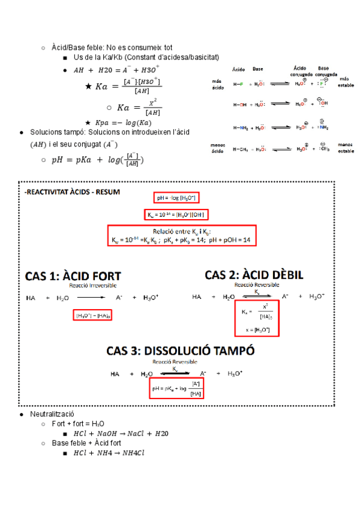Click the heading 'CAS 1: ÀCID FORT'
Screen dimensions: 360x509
point(73,277)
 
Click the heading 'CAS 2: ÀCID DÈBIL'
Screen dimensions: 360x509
point(254,274)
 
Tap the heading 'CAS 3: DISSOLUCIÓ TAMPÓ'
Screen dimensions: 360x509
point(181,351)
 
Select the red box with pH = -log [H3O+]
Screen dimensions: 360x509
point(178,197)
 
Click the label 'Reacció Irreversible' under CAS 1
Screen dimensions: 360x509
point(93,286)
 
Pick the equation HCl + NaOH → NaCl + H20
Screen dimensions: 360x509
point(121,433)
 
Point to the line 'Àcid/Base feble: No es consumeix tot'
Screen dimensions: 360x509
point(112,47)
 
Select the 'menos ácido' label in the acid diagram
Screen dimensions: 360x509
point(218,148)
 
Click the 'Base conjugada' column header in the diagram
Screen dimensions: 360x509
point(323,70)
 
